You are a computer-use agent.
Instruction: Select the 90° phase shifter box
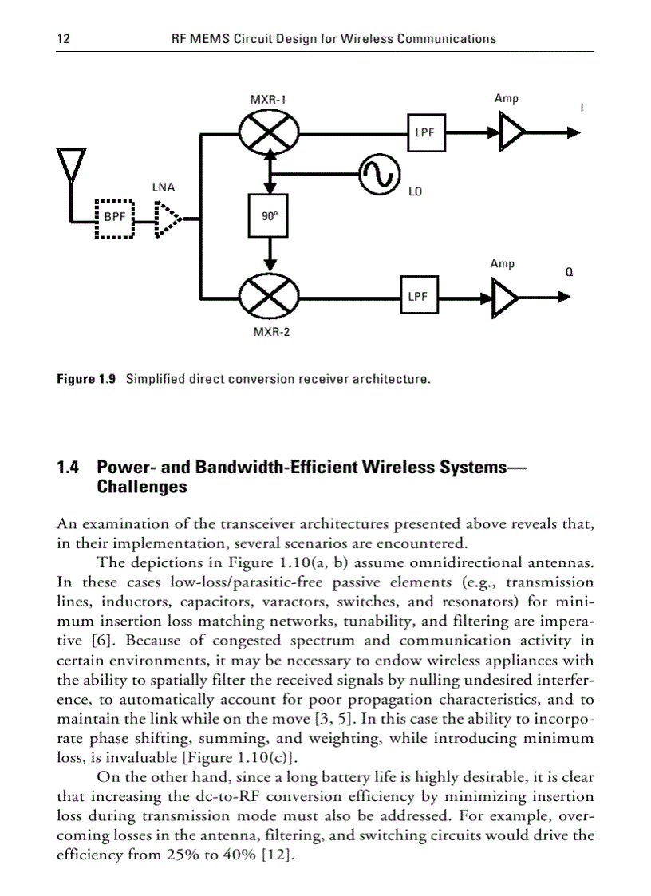tap(269, 215)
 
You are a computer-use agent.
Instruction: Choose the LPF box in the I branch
tap(425, 132)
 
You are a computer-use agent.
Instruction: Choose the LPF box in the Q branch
tap(419, 297)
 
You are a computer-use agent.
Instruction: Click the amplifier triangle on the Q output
tap(504, 298)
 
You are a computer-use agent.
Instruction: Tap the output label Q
tap(570, 271)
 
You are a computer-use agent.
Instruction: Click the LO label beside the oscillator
tap(415, 192)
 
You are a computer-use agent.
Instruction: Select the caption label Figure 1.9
tap(86, 378)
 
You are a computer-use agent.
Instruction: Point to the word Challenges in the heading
tap(141, 487)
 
